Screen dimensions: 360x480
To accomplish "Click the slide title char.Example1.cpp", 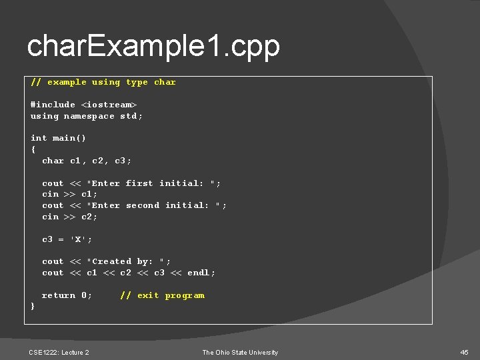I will tap(153, 47).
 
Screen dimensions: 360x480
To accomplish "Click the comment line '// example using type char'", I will tap(103, 82).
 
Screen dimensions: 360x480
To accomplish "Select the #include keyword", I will tap(53, 105).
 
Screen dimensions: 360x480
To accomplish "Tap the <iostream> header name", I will tap(109, 105).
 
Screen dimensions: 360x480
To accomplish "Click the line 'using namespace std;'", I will tap(87, 116).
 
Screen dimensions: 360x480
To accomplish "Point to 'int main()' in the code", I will tap(58, 138).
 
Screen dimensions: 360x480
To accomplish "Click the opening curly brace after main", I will tap(33, 149).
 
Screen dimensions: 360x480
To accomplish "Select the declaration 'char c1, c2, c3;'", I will tap(87, 161).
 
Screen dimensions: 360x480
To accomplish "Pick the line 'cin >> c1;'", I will tap(69, 194).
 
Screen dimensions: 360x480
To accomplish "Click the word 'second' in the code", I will tap(143, 205).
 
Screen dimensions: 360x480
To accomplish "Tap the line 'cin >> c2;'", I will tap(69, 217).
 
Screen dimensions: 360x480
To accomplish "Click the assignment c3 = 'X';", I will tap(67, 239).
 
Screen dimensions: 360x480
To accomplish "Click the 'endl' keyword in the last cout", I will tap(198, 273).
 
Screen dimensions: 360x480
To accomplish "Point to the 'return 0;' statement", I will tap(67, 295).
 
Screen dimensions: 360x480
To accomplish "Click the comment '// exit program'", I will tap(162, 295).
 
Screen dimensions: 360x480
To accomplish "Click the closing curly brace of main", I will tap(33, 306).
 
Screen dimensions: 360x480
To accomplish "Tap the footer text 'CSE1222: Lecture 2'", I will tap(59, 352).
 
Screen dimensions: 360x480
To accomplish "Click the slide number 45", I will tap(464, 352).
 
